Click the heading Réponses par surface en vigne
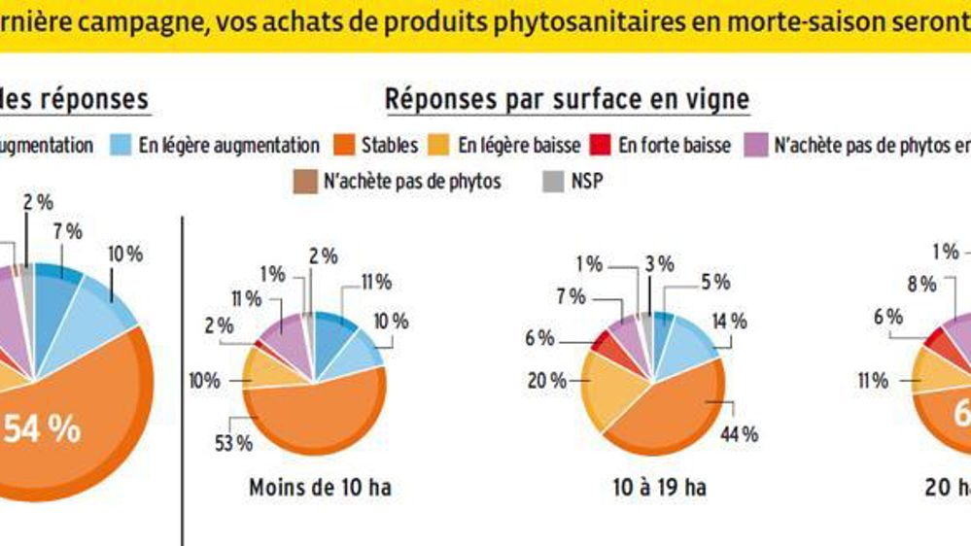[x=567, y=99]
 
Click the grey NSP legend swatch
[x=553, y=181]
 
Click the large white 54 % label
[x=42, y=429]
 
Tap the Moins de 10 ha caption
[x=320, y=487]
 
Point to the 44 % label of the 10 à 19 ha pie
[x=740, y=434]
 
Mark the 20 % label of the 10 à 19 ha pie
[x=545, y=381]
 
